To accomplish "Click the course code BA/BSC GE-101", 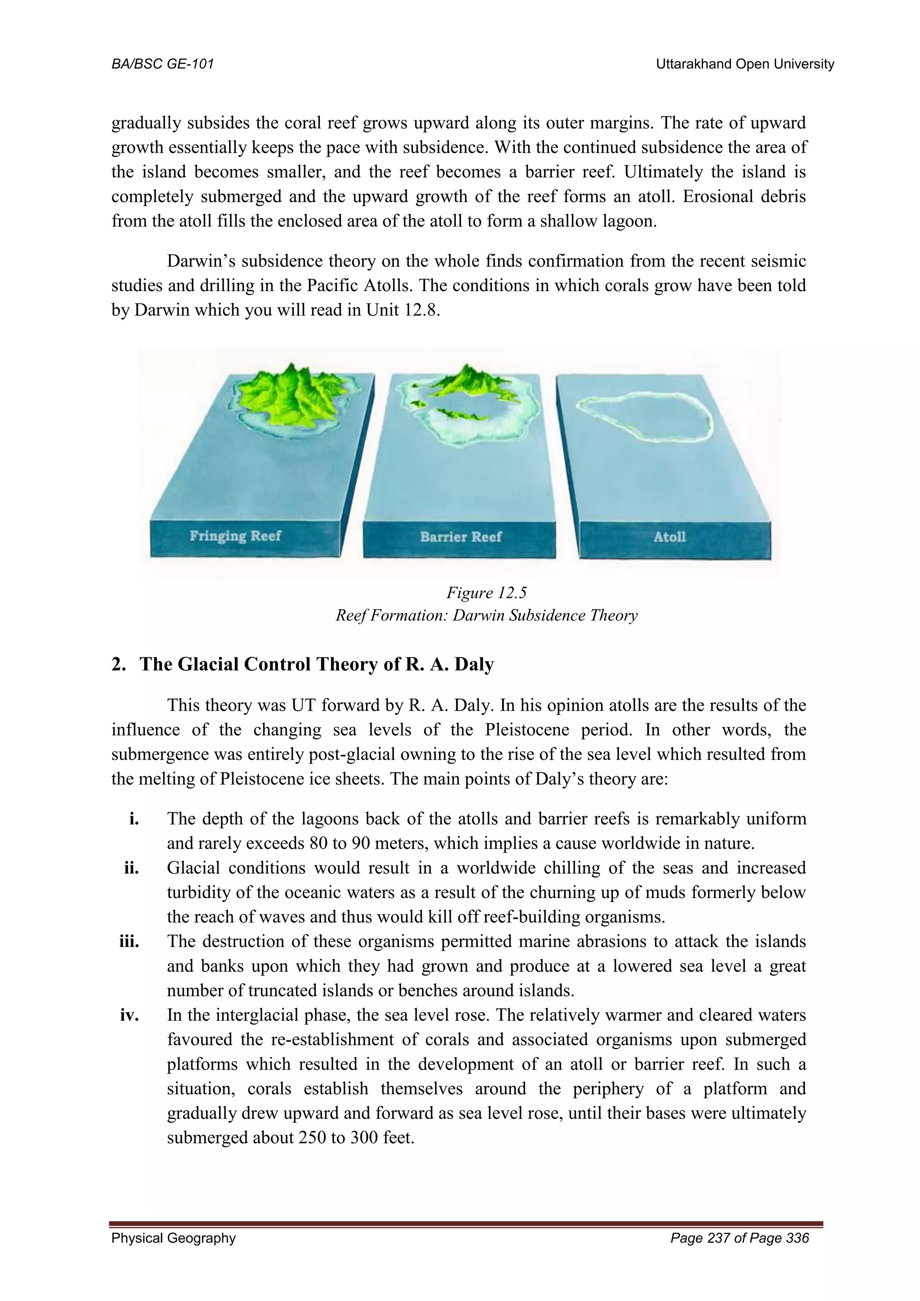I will click(163, 65).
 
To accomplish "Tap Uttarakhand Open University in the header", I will click(744, 65).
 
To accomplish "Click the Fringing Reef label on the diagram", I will click(234, 536).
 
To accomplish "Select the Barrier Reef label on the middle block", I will click(460, 536).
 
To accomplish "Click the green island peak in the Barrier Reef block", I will click(464, 380).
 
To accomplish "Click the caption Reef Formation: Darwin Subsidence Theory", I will click(486, 615).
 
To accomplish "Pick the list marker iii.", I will click(129, 942).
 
